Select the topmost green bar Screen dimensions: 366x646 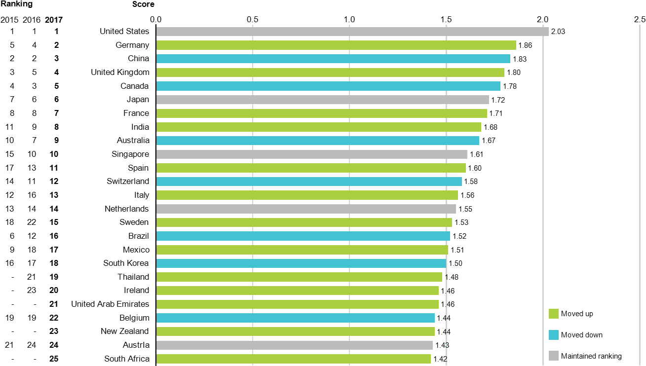tap(336, 45)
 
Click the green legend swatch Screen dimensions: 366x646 tap(553, 314)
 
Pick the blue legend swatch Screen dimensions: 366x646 tap(553, 335)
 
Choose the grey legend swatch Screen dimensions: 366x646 tap(553, 356)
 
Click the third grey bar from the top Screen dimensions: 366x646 tap(311, 154)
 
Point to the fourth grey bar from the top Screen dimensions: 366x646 tap(305, 209)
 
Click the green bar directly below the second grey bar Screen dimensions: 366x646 tap(321, 113)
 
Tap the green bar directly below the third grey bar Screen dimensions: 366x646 tap(310, 168)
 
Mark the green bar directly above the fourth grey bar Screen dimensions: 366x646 tap(306, 195)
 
